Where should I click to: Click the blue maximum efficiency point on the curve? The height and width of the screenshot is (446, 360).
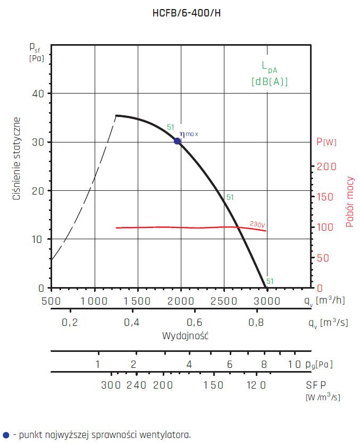(177, 141)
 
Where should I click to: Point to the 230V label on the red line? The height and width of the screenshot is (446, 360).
(257, 225)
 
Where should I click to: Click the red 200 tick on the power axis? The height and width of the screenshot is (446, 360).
(326, 166)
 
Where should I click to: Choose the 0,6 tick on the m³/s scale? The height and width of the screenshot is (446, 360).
(195, 323)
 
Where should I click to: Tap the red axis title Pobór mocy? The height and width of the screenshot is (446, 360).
(350, 202)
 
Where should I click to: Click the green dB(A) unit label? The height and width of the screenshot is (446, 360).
(270, 82)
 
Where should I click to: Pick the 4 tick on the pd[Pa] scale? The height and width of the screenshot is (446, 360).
(189, 364)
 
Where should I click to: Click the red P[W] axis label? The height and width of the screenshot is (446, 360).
(326, 142)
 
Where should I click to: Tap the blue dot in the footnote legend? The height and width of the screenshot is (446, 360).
(6, 435)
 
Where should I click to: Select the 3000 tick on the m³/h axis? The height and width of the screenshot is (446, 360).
(267, 300)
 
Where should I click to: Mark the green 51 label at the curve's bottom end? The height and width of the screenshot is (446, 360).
(270, 281)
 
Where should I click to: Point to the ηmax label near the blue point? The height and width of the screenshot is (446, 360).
(189, 134)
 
